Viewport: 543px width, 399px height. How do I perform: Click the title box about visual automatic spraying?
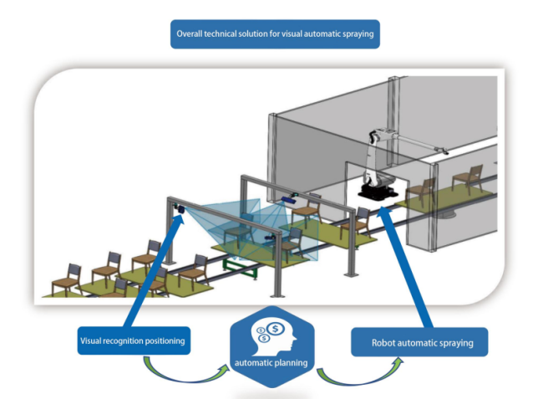274,34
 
